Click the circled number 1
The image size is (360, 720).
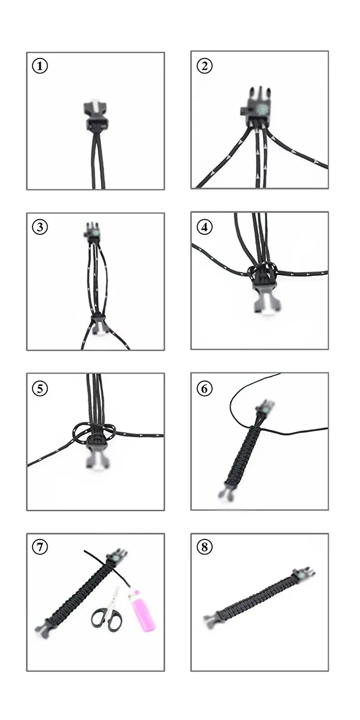(x=40, y=66)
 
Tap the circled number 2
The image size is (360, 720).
(x=204, y=66)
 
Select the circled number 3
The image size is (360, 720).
(x=40, y=227)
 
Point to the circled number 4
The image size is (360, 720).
(x=204, y=227)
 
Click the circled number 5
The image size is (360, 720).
(x=40, y=388)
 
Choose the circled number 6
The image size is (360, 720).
(x=204, y=388)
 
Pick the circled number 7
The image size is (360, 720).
(x=40, y=546)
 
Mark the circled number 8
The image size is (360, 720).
(x=204, y=546)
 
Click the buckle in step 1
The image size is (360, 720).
(x=96, y=116)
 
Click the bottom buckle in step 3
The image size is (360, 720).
(x=98, y=325)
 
